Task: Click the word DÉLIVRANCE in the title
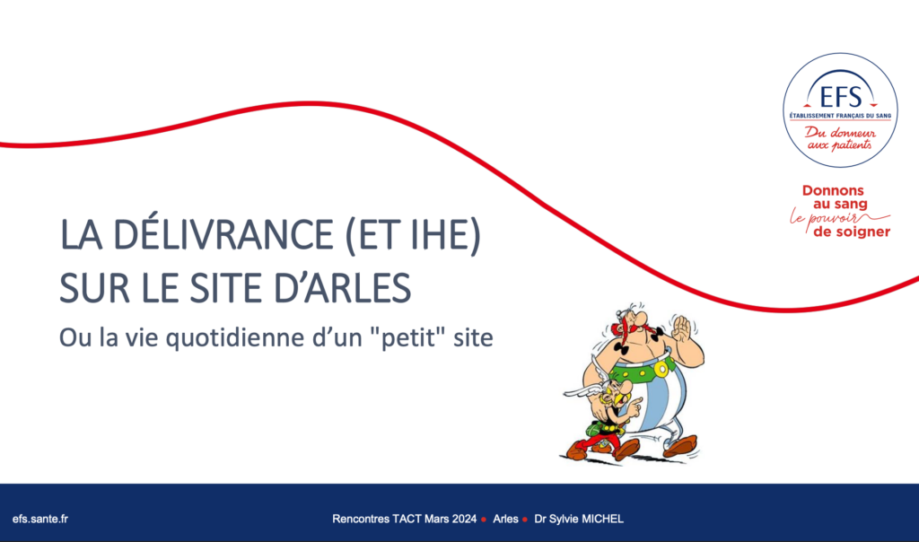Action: point(223,234)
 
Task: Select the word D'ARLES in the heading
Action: point(342,287)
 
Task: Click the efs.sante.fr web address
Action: point(39,519)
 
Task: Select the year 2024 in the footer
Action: point(464,519)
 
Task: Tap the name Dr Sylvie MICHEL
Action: point(579,519)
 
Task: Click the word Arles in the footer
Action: point(505,519)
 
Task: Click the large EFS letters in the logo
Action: point(840,97)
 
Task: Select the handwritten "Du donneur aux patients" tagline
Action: point(840,139)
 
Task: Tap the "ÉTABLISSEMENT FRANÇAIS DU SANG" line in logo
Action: point(840,116)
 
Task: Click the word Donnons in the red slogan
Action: point(833,190)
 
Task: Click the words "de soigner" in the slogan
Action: point(852,232)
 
